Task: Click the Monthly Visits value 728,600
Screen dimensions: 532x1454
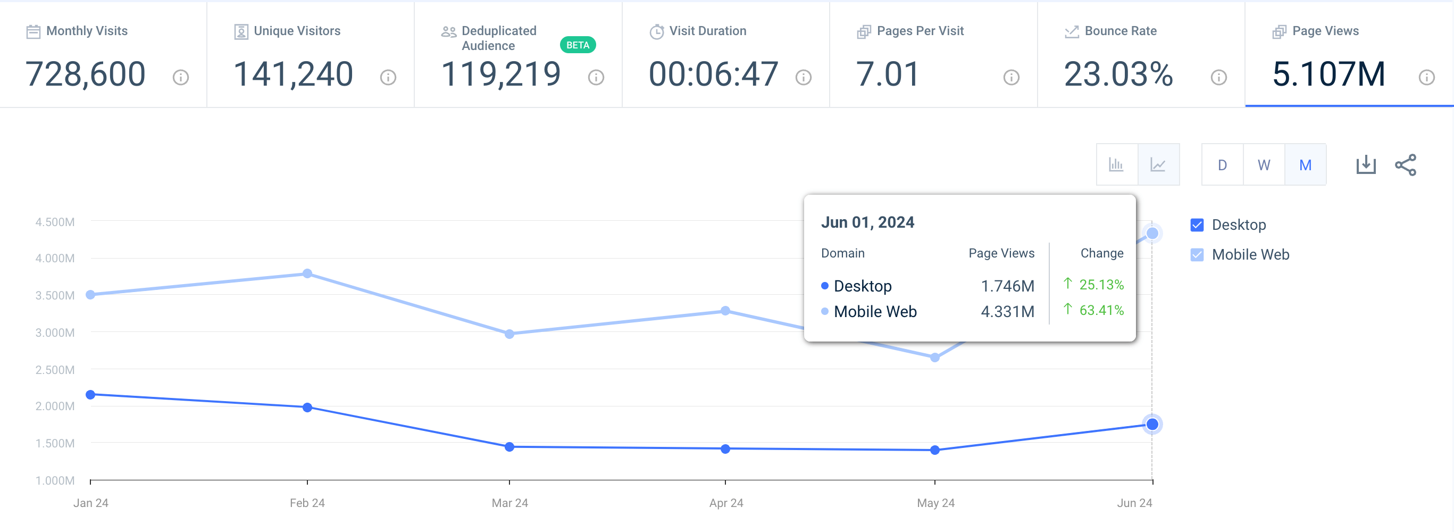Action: (x=85, y=74)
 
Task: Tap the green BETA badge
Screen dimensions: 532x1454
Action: (x=578, y=45)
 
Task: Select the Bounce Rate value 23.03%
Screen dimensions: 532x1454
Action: (x=1118, y=74)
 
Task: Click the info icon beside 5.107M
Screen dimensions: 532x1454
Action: (x=1426, y=77)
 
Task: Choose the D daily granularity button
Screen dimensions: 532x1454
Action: (x=1222, y=165)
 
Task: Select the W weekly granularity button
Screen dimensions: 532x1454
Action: (x=1264, y=165)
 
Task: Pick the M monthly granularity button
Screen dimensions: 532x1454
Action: (x=1305, y=165)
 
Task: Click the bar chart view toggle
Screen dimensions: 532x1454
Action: (x=1116, y=165)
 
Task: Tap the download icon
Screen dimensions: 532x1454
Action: (x=1366, y=165)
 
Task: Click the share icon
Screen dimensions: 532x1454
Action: (x=1406, y=165)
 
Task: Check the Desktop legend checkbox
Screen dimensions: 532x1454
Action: (x=1197, y=225)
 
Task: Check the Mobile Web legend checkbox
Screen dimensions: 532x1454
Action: (x=1197, y=255)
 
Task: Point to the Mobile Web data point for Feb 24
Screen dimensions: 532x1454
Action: (x=307, y=273)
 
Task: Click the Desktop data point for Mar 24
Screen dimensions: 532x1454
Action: (x=509, y=447)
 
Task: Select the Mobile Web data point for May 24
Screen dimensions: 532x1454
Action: (x=935, y=358)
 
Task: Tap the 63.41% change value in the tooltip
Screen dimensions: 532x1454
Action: (x=1101, y=310)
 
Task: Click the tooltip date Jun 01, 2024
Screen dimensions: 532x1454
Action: (x=867, y=222)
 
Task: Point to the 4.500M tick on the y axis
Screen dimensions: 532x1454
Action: (x=55, y=222)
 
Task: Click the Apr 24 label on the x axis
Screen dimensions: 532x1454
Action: (x=726, y=503)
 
